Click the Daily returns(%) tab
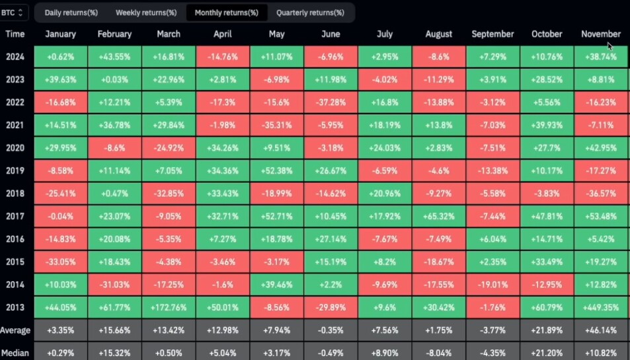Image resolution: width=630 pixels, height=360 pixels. click(71, 13)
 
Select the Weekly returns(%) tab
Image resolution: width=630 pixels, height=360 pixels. click(146, 13)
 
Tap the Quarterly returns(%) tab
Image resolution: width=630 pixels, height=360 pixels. click(310, 13)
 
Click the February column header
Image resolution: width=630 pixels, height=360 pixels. click(114, 34)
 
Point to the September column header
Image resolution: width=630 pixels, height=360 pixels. click(492, 34)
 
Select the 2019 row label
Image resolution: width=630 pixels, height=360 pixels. click(15, 170)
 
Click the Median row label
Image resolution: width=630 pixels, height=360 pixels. click(15, 353)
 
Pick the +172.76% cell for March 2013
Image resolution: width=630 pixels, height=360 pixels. click(169, 307)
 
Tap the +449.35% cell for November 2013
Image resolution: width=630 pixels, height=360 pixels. click(601, 307)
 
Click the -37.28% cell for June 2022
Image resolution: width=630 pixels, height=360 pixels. click(331, 102)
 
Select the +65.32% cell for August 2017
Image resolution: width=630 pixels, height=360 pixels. click(439, 216)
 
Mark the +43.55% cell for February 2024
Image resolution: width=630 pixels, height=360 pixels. click(114, 57)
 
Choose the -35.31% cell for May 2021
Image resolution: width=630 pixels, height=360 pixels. click(277, 126)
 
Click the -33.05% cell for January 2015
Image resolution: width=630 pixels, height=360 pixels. click(61, 262)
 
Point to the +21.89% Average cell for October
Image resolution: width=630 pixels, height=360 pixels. click(547, 330)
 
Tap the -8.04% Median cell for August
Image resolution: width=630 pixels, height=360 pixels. click(439, 353)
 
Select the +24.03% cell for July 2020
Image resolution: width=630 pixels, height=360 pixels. click(385, 148)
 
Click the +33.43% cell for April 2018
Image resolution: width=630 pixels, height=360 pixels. click(223, 194)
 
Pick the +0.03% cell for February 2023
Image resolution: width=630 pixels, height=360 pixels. click(114, 79)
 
